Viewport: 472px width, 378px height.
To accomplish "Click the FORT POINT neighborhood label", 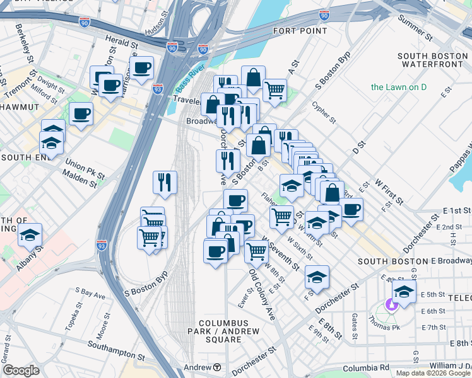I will click(300, 30).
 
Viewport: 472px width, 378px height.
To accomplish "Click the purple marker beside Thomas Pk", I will click(391, 305).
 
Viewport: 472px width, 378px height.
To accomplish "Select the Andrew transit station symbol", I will click(217, 367).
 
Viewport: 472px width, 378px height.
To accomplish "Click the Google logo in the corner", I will click(21, 370).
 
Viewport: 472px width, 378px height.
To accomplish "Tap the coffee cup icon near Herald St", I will click(142, 68).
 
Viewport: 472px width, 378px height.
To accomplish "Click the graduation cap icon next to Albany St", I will click(30, 234).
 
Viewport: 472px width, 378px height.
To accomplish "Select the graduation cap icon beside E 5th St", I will click(404, 291).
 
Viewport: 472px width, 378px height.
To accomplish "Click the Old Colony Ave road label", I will click(262, 295).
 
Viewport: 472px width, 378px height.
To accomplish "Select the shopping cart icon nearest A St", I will click(274, 90).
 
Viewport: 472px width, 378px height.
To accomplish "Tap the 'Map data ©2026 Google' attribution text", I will click(432, 373).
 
